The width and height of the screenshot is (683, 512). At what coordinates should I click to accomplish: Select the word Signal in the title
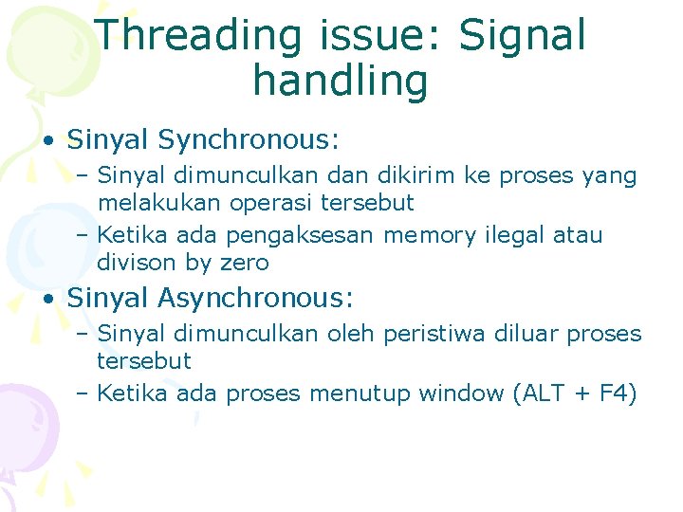(x=522, y=36)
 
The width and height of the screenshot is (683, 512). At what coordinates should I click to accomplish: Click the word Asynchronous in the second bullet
(x=255, y=299)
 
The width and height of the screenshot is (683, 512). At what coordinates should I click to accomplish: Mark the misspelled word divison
(x=134, y=263)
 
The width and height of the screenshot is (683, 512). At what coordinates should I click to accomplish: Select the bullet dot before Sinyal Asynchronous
(x=46, y=300)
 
